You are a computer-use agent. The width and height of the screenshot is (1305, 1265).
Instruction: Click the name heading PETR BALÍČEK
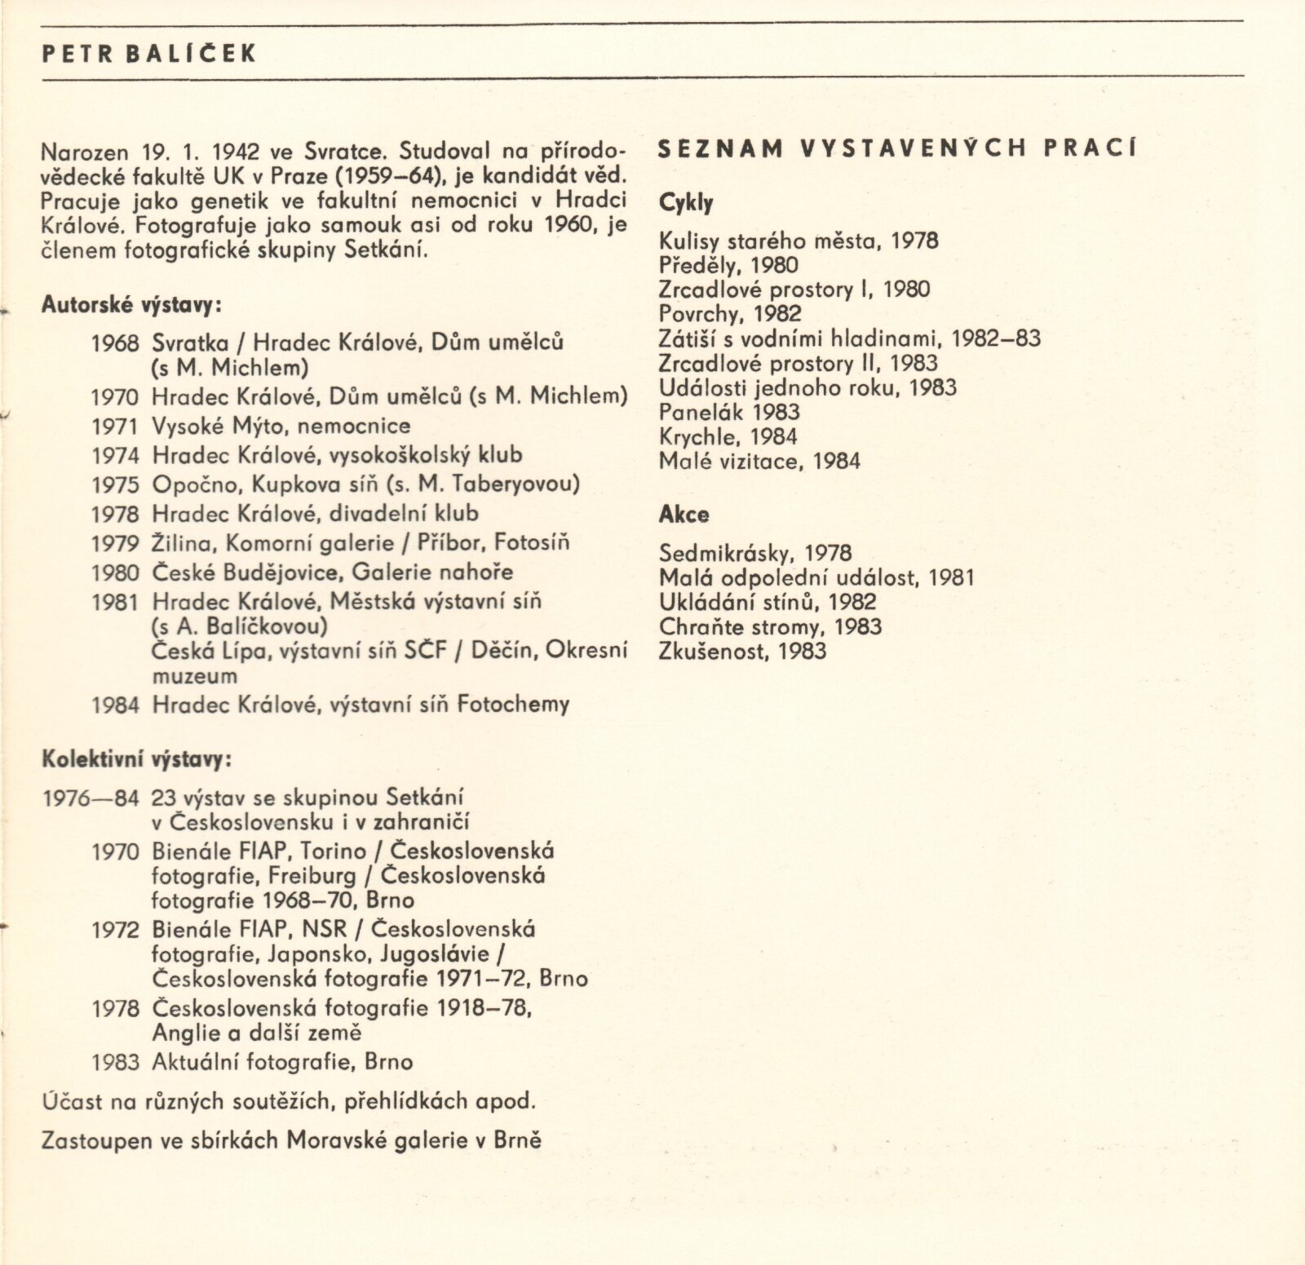tap(149, 54)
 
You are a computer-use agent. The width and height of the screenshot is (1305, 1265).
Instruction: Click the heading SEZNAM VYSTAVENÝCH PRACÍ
tap(896, 148)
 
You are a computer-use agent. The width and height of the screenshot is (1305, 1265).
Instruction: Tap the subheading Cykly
tap(686, 203)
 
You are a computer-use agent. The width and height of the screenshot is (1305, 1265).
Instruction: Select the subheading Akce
tap(683, 515)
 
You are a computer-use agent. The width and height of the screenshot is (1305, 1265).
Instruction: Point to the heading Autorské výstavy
tap(130, 306)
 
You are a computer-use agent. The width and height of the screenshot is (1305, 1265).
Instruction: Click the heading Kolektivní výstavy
tap(136, 759)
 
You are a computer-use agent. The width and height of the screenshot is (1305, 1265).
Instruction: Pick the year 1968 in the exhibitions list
tap(116, 343)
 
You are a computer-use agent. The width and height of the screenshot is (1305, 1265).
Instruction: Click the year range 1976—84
tap(91, 798)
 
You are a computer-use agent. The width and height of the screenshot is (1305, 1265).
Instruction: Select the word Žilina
tap(180, 543)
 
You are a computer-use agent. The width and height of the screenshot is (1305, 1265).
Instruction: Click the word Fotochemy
tap(513, 704)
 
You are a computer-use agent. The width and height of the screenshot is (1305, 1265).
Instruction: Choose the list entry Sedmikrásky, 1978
tap(755, 554)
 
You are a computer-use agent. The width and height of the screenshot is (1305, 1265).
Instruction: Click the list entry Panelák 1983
tap(729, 412)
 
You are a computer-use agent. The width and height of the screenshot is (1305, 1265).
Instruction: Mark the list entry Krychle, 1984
tap(728, 436)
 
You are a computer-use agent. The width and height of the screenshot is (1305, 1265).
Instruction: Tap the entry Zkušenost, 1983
tap(742, 651)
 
